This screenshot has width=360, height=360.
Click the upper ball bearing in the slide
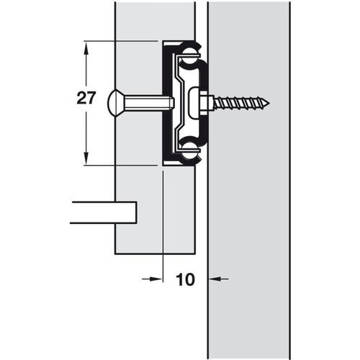[190, 52]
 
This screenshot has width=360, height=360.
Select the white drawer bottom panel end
[104, 214]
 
